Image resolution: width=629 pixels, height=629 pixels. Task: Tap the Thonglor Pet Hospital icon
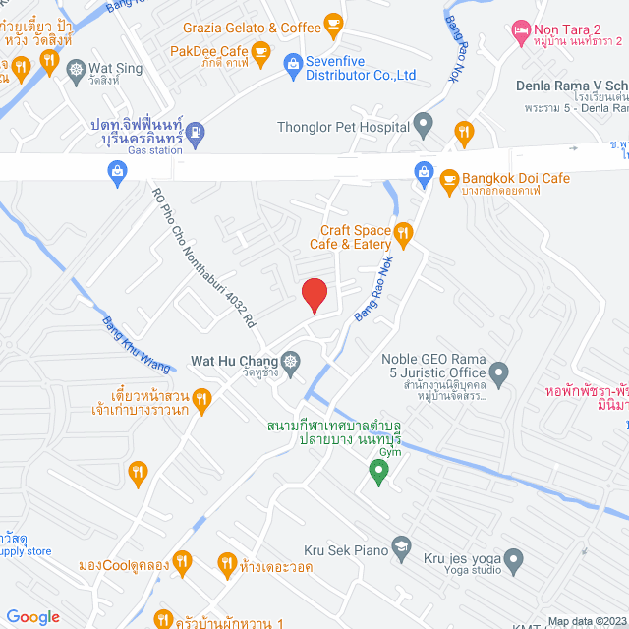(424, 125)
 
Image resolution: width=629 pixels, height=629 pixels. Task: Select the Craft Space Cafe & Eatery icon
(402, 233)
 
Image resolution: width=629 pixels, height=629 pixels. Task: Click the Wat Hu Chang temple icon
(291, 360)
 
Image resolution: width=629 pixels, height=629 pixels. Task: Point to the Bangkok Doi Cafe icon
(449, 179)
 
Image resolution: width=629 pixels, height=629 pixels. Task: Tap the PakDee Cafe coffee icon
(259, 50)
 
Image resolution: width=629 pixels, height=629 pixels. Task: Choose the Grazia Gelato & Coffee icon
(333, 22)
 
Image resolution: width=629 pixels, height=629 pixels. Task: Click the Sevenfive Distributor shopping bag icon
(292, 67)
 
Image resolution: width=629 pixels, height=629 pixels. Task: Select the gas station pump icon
(196, 131)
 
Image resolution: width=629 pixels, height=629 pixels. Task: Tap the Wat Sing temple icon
(77, 69)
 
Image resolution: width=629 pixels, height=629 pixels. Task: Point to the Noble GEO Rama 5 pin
(499, 373)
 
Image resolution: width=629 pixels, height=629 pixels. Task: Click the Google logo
(32, 616)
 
